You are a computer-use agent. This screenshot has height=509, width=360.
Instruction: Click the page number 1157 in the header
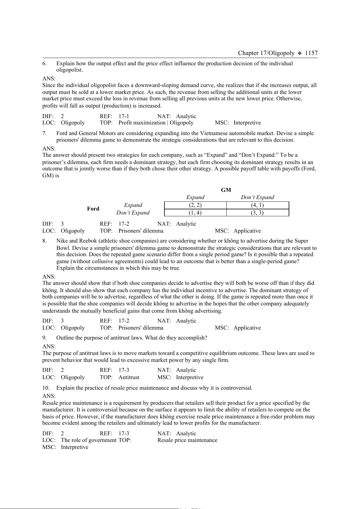pyautogui.click(x=311, y=53)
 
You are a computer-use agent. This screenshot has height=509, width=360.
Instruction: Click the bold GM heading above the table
pyautogui.click(x=226, y=190)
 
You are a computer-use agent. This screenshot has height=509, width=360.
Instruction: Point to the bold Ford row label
pyautogui.click(x=93, y=209)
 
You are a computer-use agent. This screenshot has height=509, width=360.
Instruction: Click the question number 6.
pyautogui.click(x=44, y=63)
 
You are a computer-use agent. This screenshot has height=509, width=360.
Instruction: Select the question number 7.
pyautogui.click(x=44, y=133)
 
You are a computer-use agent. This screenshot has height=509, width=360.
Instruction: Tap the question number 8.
pyautogui.click(x=44, y=241)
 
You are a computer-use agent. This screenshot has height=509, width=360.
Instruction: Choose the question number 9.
pyautogui.click(x=44, y=338)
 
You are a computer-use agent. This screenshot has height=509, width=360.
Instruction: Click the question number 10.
pyautogui.click(x=46, y=388)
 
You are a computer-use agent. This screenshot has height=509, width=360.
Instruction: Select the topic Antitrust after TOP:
pyautogui.click(x=129, y=377)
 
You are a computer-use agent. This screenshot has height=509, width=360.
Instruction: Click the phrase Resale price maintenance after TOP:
pyautogui.click(x=187, y=440)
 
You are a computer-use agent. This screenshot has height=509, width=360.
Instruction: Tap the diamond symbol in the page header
pyautogui.click(x=300, y=53)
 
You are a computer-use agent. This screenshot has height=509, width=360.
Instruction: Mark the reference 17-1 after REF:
pyautogui.click(x=124, y=116)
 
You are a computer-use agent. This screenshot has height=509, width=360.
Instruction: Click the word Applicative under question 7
pyautogui.click(x=247, y=231)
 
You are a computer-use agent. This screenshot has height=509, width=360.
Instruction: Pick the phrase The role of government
pyautogui.click(x=89, y=440)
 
